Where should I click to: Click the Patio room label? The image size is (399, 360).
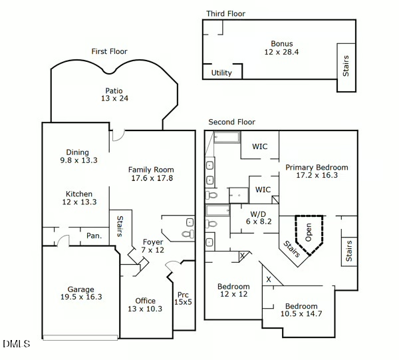(x=114, y=91)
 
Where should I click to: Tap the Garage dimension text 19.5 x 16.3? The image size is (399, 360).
(x=81, y=297)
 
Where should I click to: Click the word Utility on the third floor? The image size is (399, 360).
(x=221, y=73)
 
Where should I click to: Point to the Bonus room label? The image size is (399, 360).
(x=281, y=44)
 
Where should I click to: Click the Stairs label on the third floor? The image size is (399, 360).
(x=346, y=65)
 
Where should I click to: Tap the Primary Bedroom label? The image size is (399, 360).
(x=317, y=168)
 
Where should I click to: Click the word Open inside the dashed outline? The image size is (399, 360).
(x=309, y=231)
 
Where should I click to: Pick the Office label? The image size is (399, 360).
(x=145, y=301)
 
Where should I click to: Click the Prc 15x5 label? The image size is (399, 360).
(x=183, y=295)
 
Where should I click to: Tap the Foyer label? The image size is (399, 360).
(x=153, y=242)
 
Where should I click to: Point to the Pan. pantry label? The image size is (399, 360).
(x=94, y=235)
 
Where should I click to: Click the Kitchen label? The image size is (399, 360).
(x=79, y=194)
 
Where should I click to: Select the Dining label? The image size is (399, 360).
(x=77, y=152)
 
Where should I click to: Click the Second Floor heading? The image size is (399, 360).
(x=231, y=122)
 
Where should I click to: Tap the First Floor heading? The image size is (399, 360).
(x=109, y=51)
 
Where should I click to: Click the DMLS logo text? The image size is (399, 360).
(x=17, y=344)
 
